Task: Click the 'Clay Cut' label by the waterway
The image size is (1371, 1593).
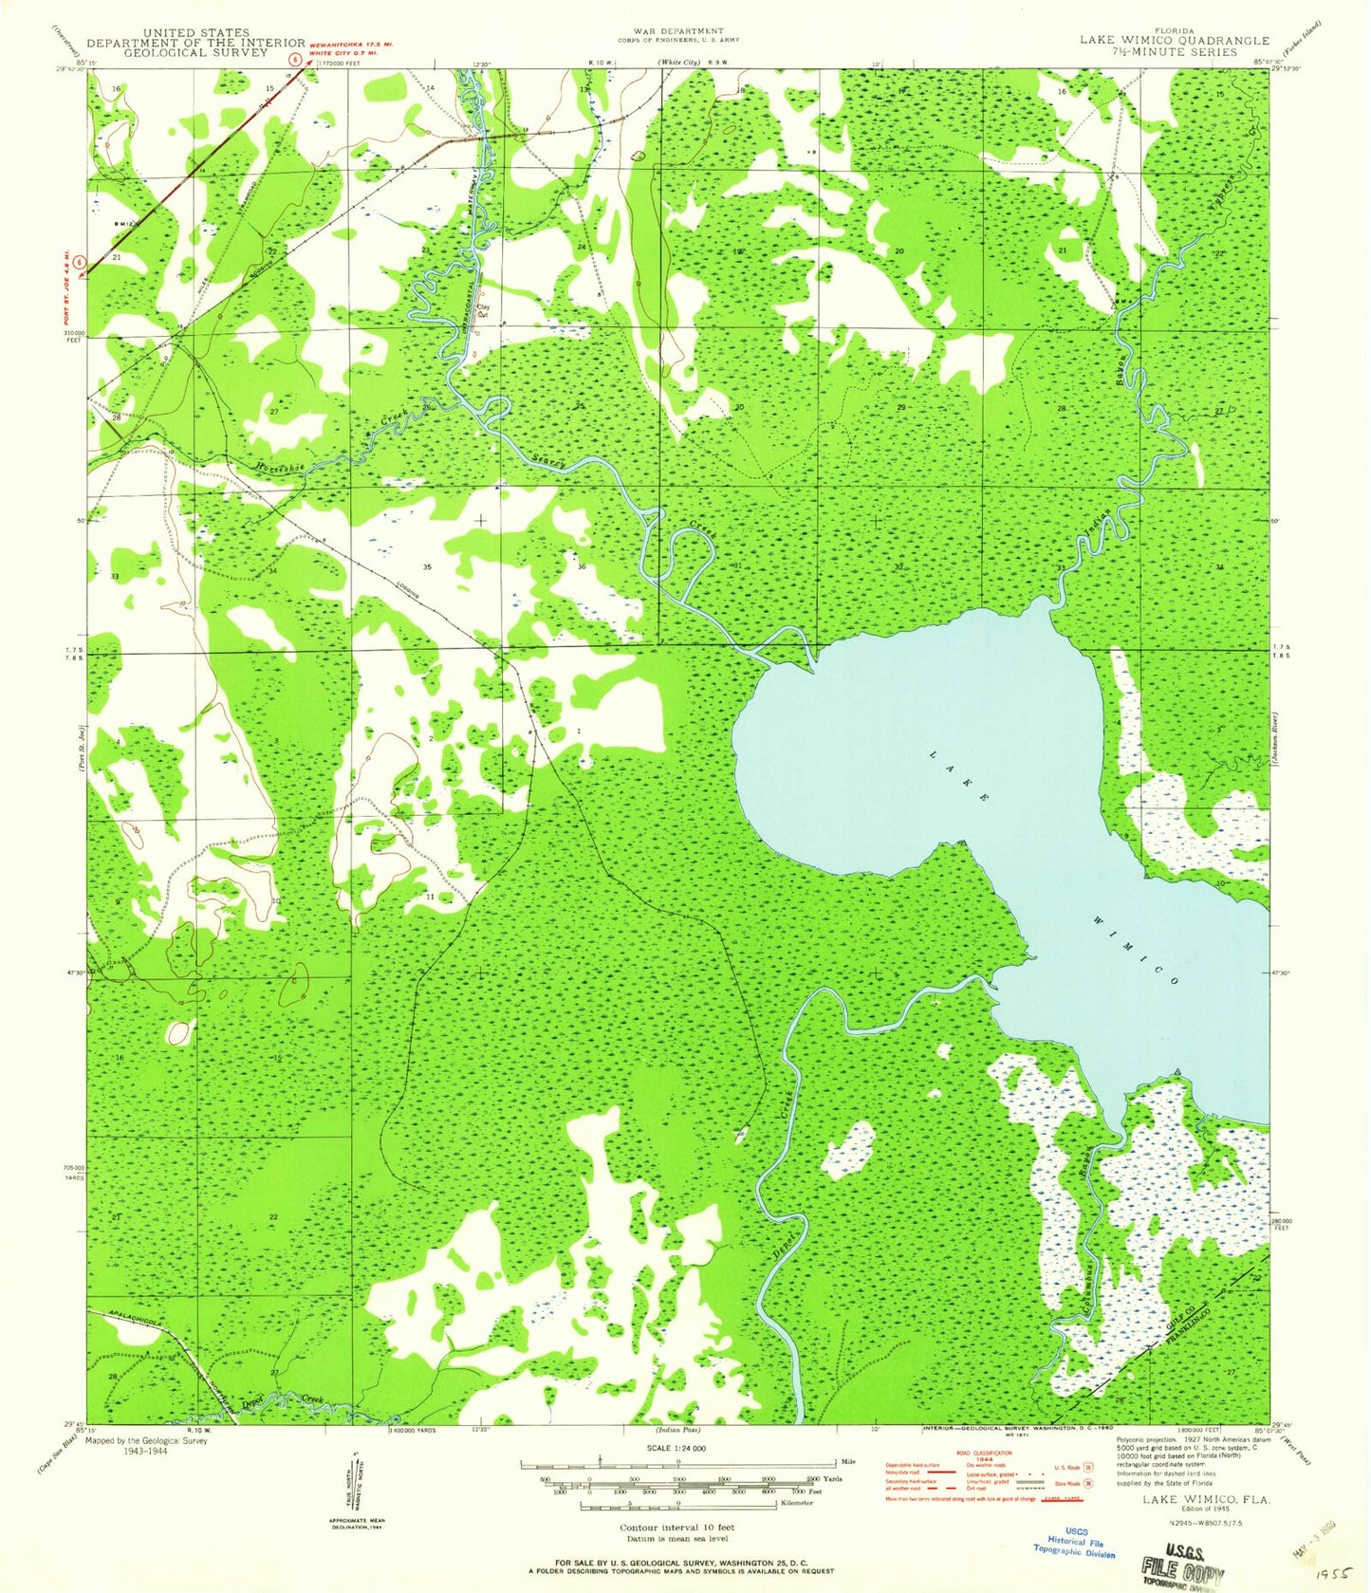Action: coord(483,309)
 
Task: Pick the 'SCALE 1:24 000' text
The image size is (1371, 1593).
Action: coord(677,1449)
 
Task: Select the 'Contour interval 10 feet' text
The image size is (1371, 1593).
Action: coord(676,1528)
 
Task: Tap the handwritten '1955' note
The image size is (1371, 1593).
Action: coord(1336,1574)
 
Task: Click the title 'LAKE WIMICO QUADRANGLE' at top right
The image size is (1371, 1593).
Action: coord(1174,41)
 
